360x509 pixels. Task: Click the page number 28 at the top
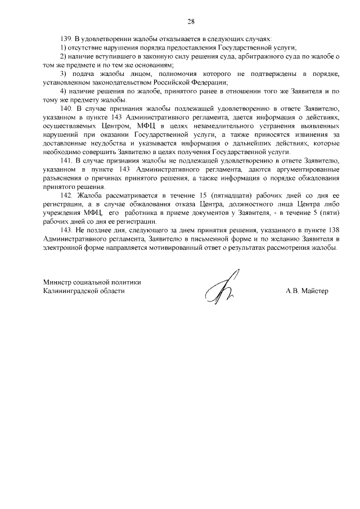[191, 21]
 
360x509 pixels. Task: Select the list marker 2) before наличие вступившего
[63, 58]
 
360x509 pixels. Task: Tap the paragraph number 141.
[66, 160]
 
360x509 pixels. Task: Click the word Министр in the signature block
[58, 282]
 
